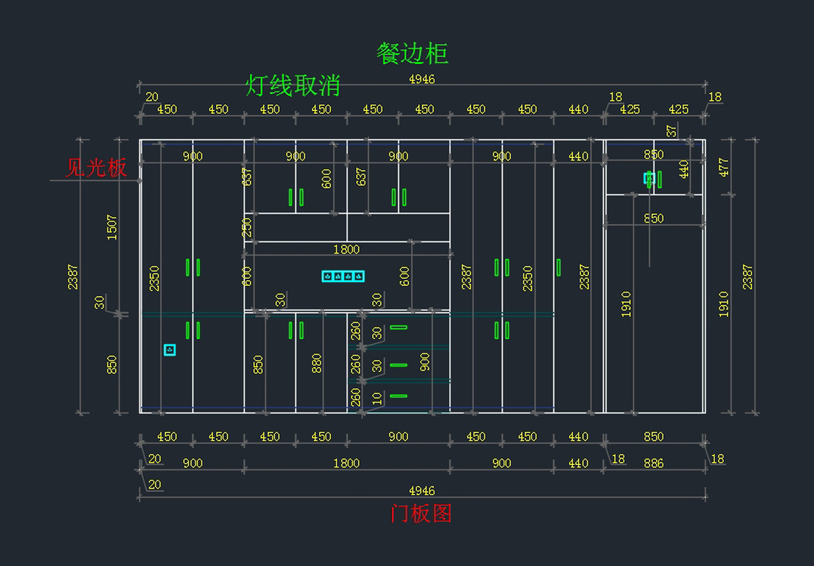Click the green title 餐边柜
[x=412, y=54]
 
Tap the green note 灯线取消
[x=292, y=86]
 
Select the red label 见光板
[x=96, y=168]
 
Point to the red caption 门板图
[x=421, y=514]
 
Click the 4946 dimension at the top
[x=421, y=79]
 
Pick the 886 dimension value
[x=653, y=464]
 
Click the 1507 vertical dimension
[x=112, y=227]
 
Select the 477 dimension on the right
[x=724, y=168]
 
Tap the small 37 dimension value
[x=672, y=130]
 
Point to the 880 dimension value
[x=315, y=364]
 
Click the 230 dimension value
[x=248, y=227]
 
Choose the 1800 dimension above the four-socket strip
[x=346, y=250]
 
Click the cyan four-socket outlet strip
[x=343, y=276]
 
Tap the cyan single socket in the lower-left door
[x=170, y=350]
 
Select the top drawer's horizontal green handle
[x=398, y=327]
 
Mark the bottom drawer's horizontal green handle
[x=398, y=396]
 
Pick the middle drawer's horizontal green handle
[x=398, y=365]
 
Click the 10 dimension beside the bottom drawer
[x=377, y=399]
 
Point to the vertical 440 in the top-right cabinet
[x=683, y=169]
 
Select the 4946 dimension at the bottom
[x=421, y=491]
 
